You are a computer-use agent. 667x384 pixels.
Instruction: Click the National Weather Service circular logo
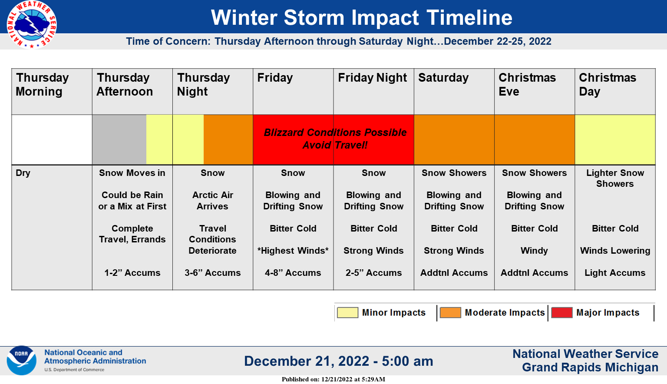(32, 24)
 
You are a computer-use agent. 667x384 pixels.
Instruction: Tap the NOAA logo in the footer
(21, 361)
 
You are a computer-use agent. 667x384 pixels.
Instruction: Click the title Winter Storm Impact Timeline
(361, 17)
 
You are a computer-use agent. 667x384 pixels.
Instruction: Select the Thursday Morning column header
(42, 84)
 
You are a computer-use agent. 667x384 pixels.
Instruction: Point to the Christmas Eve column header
(527, 84)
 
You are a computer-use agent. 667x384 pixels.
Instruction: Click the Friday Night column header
(372, 78)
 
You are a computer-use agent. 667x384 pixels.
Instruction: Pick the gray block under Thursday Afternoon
(119, 140)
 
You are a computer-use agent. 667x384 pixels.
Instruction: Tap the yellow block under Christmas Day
(615, 140)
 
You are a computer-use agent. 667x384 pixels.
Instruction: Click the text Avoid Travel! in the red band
(335, 145)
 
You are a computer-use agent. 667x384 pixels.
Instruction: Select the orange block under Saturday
(454, 140)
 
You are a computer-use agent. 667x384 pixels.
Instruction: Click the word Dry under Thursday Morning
(23, 173)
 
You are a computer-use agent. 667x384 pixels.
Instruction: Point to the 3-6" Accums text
(213, 273)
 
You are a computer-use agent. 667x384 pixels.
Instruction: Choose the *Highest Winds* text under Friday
(293, 251)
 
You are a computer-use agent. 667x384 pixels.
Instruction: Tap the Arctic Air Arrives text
(213, 201)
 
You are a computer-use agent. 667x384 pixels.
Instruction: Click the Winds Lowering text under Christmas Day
(615, 251)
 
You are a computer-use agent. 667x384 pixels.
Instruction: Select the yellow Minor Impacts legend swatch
(347, 312)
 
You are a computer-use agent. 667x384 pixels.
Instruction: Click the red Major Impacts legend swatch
(561, 312)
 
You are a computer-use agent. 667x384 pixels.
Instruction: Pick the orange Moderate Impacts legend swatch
(450, 312)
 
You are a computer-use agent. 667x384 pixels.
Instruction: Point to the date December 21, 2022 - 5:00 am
(339, 361)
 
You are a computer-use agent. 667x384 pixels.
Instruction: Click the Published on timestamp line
(333, 379)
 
